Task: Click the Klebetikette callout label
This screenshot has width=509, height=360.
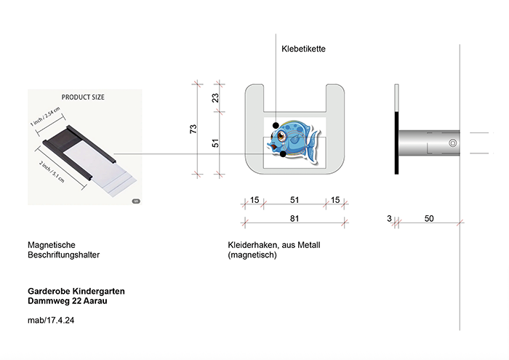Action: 303,49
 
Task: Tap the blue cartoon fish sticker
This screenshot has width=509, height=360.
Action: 294,138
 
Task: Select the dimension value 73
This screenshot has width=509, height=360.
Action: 193,129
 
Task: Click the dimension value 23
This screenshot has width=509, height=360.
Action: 215,98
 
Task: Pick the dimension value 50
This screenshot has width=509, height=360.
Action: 429,218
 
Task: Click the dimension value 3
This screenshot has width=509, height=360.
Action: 389,218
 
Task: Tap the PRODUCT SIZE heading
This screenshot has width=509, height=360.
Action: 85,97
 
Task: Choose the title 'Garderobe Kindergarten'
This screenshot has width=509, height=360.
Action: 76,291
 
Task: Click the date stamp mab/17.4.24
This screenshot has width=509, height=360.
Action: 51,321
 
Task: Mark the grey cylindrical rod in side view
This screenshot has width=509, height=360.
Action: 429,143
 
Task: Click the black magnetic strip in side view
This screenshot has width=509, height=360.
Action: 397,143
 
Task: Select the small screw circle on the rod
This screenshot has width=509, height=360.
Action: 452,143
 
